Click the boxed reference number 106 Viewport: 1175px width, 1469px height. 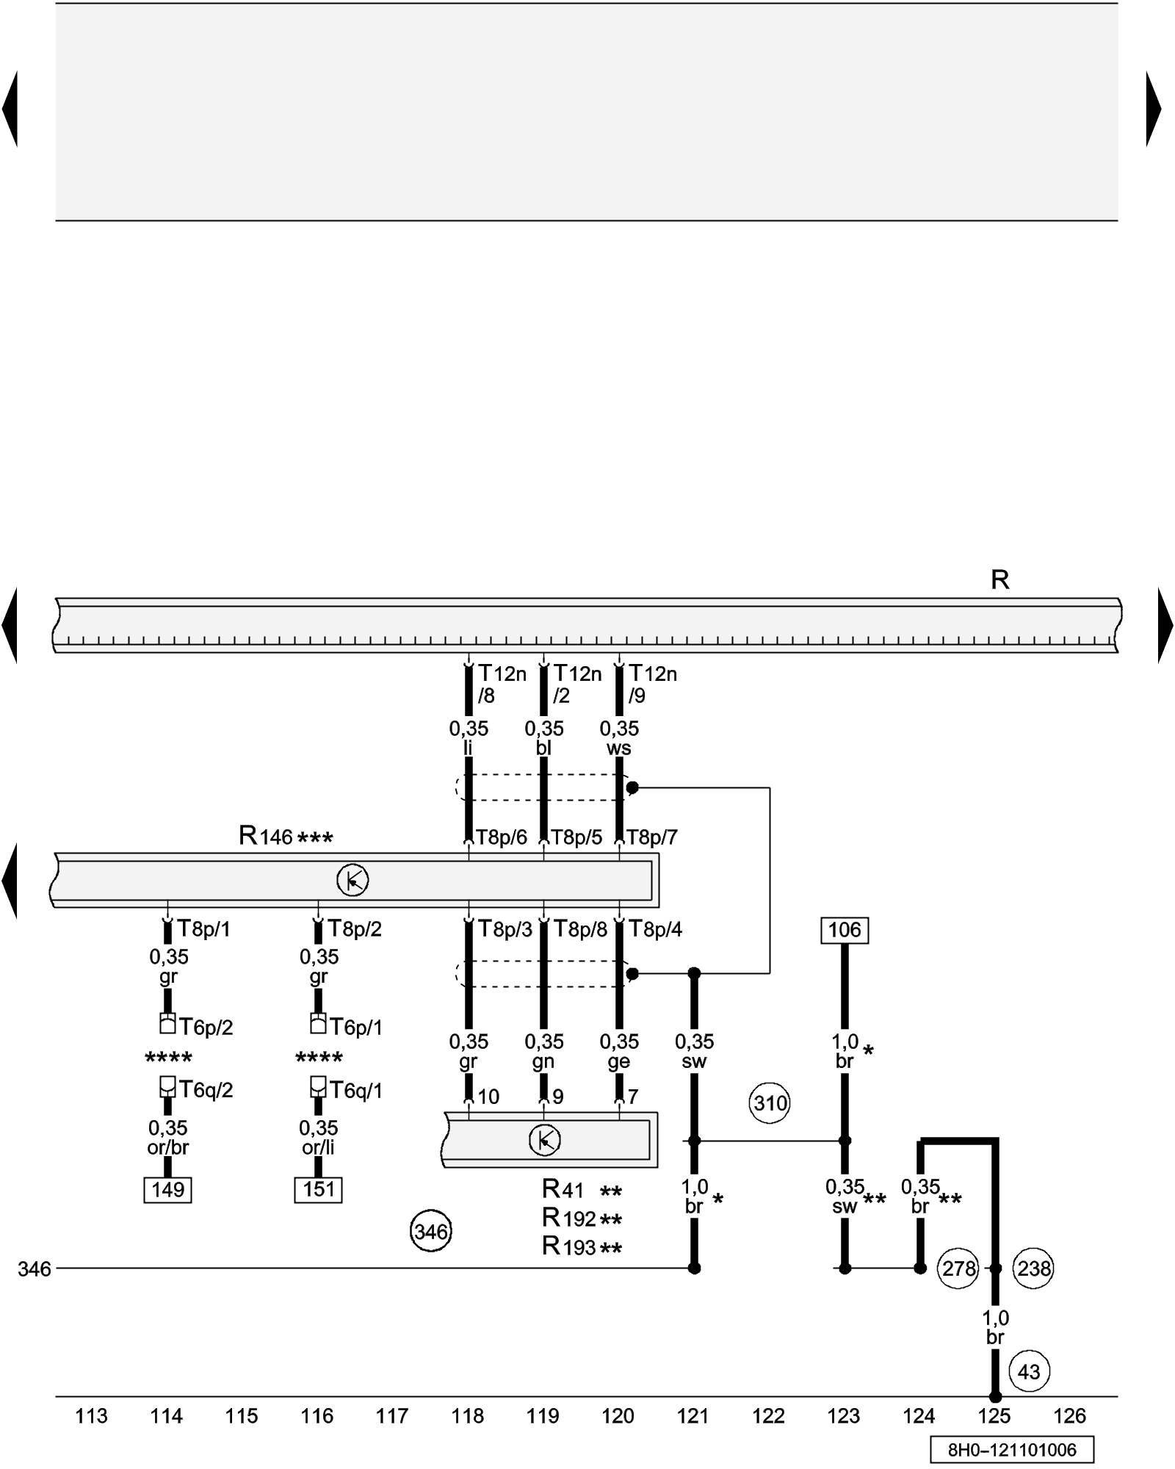tap(844, 930)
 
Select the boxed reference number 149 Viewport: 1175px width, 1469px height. tap(167, 1189)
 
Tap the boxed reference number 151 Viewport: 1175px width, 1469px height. tap(318, 1189)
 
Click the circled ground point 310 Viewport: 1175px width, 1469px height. tap(770, 1103)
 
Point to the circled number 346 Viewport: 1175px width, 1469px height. tap(430, 1231)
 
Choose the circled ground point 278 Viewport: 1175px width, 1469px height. tap(958, 1268)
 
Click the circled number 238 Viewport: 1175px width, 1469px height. tap(1033, 1268)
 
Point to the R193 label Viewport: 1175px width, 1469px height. tap(569, 1246)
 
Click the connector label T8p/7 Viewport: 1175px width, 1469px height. tap(651, 837)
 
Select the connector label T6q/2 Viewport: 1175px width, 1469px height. tap(206, 1090)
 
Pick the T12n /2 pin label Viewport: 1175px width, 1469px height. tap(576, 684)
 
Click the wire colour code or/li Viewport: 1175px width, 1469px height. tap(318, 1147)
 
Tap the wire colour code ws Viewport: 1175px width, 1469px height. tap(618, 748)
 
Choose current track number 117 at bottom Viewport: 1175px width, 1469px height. tap(392, 1415)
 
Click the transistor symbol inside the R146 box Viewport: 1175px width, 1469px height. tap(352, 880)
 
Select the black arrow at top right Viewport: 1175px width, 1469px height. tap(1154, 109)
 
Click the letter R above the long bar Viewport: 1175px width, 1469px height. tap(999, 580)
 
